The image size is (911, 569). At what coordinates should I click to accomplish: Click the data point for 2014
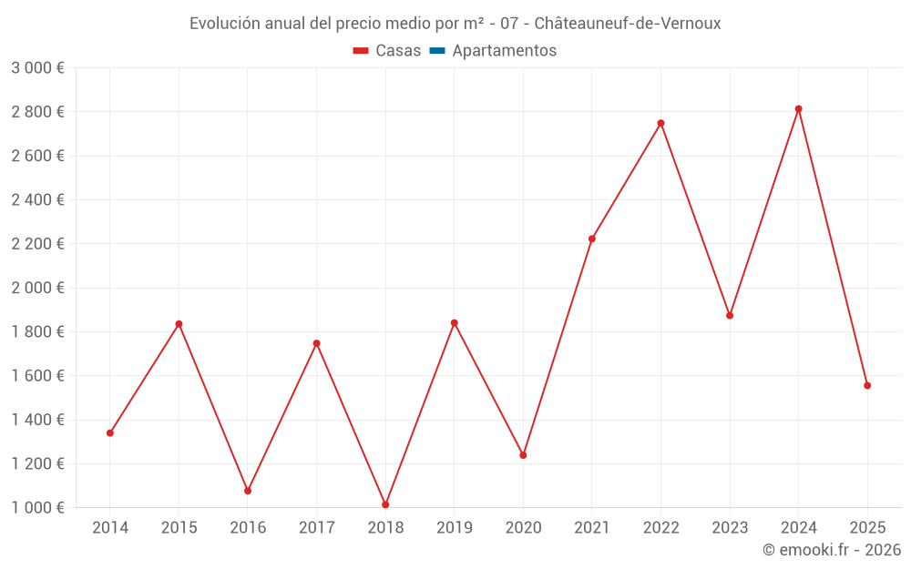(x=110, y=433)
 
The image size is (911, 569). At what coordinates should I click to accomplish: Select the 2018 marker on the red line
(x=385, y=504)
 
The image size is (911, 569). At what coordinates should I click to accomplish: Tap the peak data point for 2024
(x=798, y=109)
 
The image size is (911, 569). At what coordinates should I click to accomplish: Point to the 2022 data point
(x=660, y=123)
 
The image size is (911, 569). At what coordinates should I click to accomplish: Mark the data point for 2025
(x=867, y=385)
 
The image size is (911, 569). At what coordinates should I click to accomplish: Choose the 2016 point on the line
(x=248, y=491)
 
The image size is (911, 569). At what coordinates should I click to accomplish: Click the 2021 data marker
(x=592, y=239)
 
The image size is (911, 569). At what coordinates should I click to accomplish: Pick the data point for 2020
(x=523, y=455)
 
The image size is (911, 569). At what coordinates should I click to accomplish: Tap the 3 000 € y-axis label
(x=37, y=68)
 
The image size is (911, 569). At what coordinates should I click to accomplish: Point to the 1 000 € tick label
(x=37, y=508)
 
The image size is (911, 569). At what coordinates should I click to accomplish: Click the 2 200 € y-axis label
(x=37, y=244)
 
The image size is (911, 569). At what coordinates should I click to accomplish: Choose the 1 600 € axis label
(x=37, y=376)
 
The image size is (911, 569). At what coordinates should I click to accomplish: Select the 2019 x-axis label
(x=454, y=527)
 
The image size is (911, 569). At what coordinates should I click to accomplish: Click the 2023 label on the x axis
(x=730, y=527)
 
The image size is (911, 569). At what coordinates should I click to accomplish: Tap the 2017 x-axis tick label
(x=316, y=527)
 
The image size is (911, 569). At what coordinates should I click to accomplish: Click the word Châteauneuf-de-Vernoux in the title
(x=628, y=24)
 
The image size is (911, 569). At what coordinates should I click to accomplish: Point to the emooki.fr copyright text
(x=832, y=550)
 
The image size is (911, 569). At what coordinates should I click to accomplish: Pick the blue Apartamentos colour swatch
(x=436, y=51)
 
